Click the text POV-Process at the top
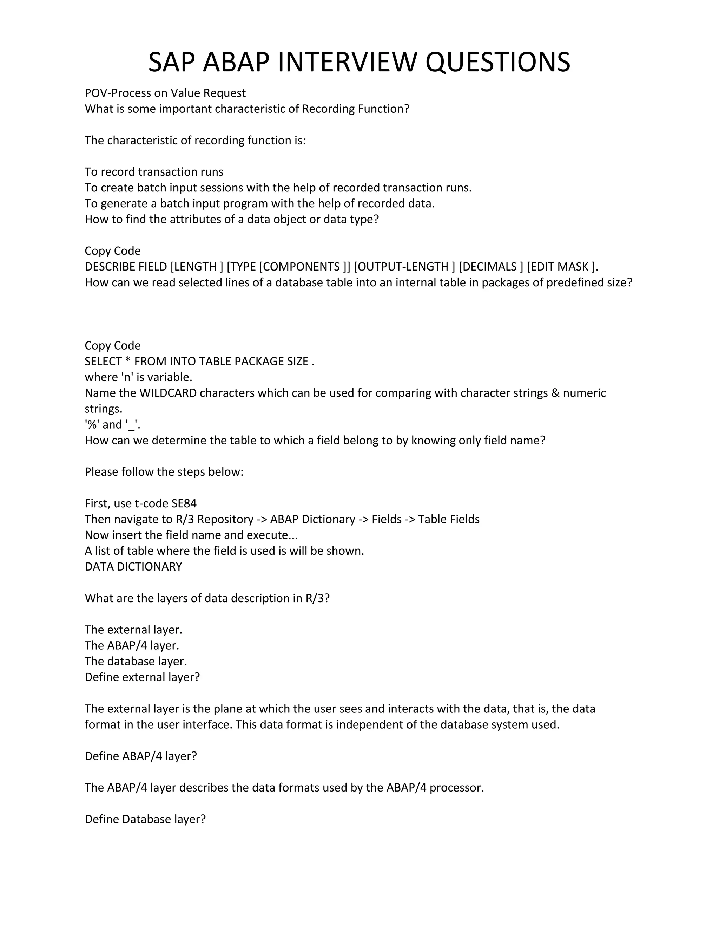(112, 93)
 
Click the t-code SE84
(184, 503)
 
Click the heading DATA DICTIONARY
(133, 567)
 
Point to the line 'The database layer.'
(136, 661)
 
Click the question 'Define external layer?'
(142, 677)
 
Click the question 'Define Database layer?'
(145, 819)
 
